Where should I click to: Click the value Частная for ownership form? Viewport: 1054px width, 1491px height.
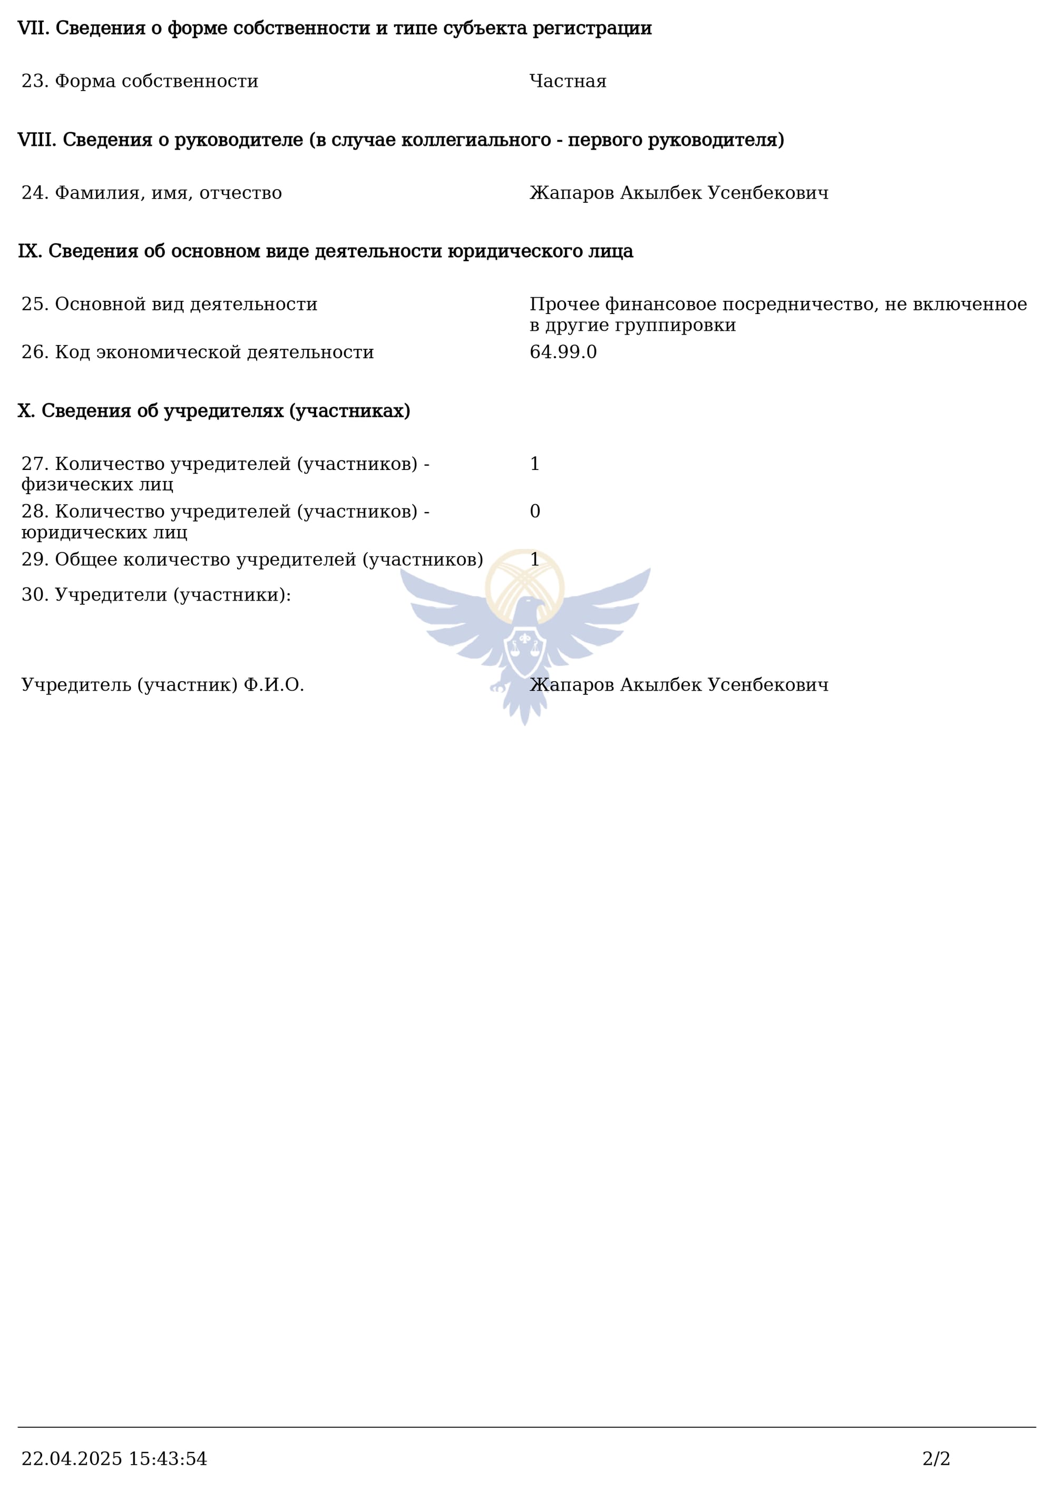[568, 81]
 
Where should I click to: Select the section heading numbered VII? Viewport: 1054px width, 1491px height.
[335, 28]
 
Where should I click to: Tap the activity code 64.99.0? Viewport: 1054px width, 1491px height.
[563, 352]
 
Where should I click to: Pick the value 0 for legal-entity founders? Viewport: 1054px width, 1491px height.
[534, 512]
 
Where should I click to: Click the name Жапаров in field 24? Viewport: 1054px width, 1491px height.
[571, 193]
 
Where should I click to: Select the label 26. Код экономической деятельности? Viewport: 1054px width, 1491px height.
[198, 352]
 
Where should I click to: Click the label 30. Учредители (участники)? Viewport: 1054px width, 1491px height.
[156, 595]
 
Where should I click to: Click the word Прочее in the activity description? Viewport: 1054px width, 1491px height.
[564, 304]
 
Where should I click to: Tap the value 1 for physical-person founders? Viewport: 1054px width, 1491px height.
[534, 464]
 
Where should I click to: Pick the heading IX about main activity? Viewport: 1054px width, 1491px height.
[325, 251]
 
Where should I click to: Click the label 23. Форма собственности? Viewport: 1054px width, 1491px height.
[140, 81]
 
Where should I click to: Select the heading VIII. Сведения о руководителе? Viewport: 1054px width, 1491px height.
[401, 140]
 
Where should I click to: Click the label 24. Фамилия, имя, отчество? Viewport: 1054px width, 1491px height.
[151, 193]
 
